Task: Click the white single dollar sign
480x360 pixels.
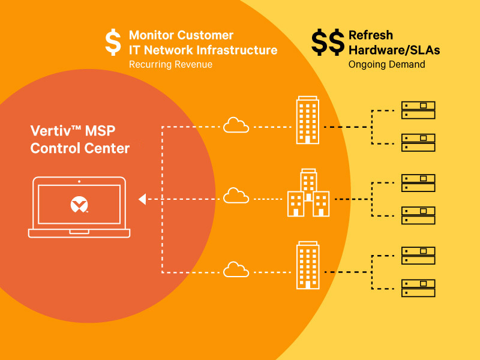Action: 113,42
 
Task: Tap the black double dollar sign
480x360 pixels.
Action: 328,42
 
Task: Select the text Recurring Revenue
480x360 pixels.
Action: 170,65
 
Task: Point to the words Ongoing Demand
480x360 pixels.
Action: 386,65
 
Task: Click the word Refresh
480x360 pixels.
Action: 371,35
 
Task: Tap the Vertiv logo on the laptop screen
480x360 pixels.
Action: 79,204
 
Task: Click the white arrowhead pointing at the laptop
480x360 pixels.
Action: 142,199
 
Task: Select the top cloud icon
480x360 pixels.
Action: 236,125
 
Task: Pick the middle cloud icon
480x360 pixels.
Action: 236,196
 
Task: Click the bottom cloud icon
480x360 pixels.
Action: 236,269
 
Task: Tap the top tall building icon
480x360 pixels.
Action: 308,120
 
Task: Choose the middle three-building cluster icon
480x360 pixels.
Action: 308,193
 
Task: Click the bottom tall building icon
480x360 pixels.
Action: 308,265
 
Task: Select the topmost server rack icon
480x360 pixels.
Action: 418,110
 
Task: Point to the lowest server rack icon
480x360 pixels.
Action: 418,288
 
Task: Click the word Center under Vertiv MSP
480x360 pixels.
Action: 107,148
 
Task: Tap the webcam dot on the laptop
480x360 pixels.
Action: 79,182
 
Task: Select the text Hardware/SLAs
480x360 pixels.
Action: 394,50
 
